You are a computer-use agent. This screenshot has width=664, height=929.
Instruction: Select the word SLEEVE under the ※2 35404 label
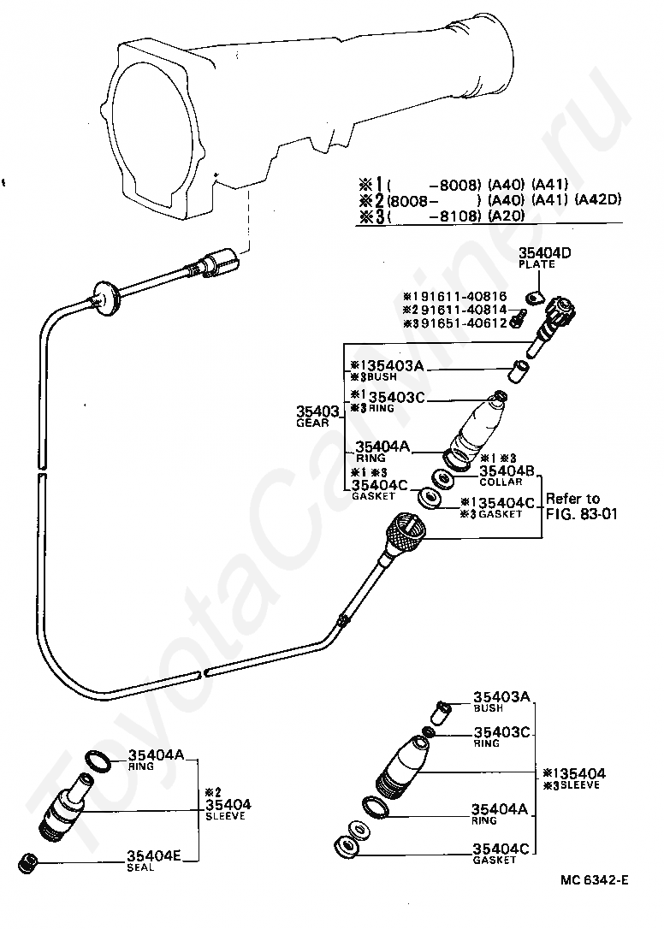pyautogui.click(x=225, y=816)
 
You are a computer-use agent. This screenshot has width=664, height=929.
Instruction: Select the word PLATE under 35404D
pyautogui.click(x=537, y=264)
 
